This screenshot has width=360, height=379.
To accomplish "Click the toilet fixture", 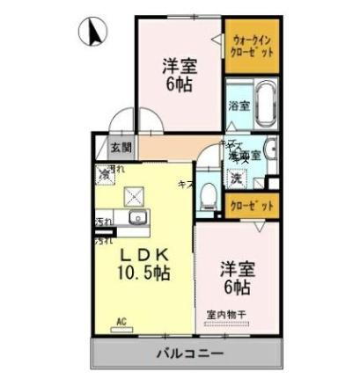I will (x=209, y=193).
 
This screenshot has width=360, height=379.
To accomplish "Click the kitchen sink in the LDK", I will (x=137, y=218).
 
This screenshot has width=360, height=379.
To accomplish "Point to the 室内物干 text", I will (x=226, y=314).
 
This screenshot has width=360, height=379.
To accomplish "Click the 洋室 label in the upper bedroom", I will (x=178, y=66).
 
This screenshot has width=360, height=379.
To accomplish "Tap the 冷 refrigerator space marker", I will (x=107, y=172).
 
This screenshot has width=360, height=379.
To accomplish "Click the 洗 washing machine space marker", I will (x=237, y=177).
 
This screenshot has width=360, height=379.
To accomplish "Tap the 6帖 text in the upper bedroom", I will (x=178, y=84).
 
